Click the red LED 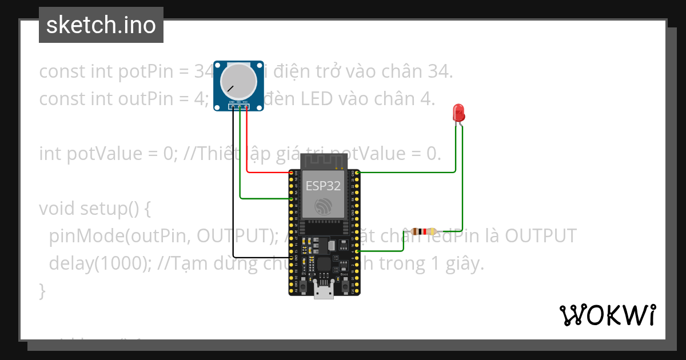[x=458, y=112]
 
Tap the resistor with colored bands [x=422, y=231]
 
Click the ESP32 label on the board [x=323, y=186]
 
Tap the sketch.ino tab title [x=101, y=25]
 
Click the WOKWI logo [x=607, y=315]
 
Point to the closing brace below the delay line [x=42, y=291]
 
